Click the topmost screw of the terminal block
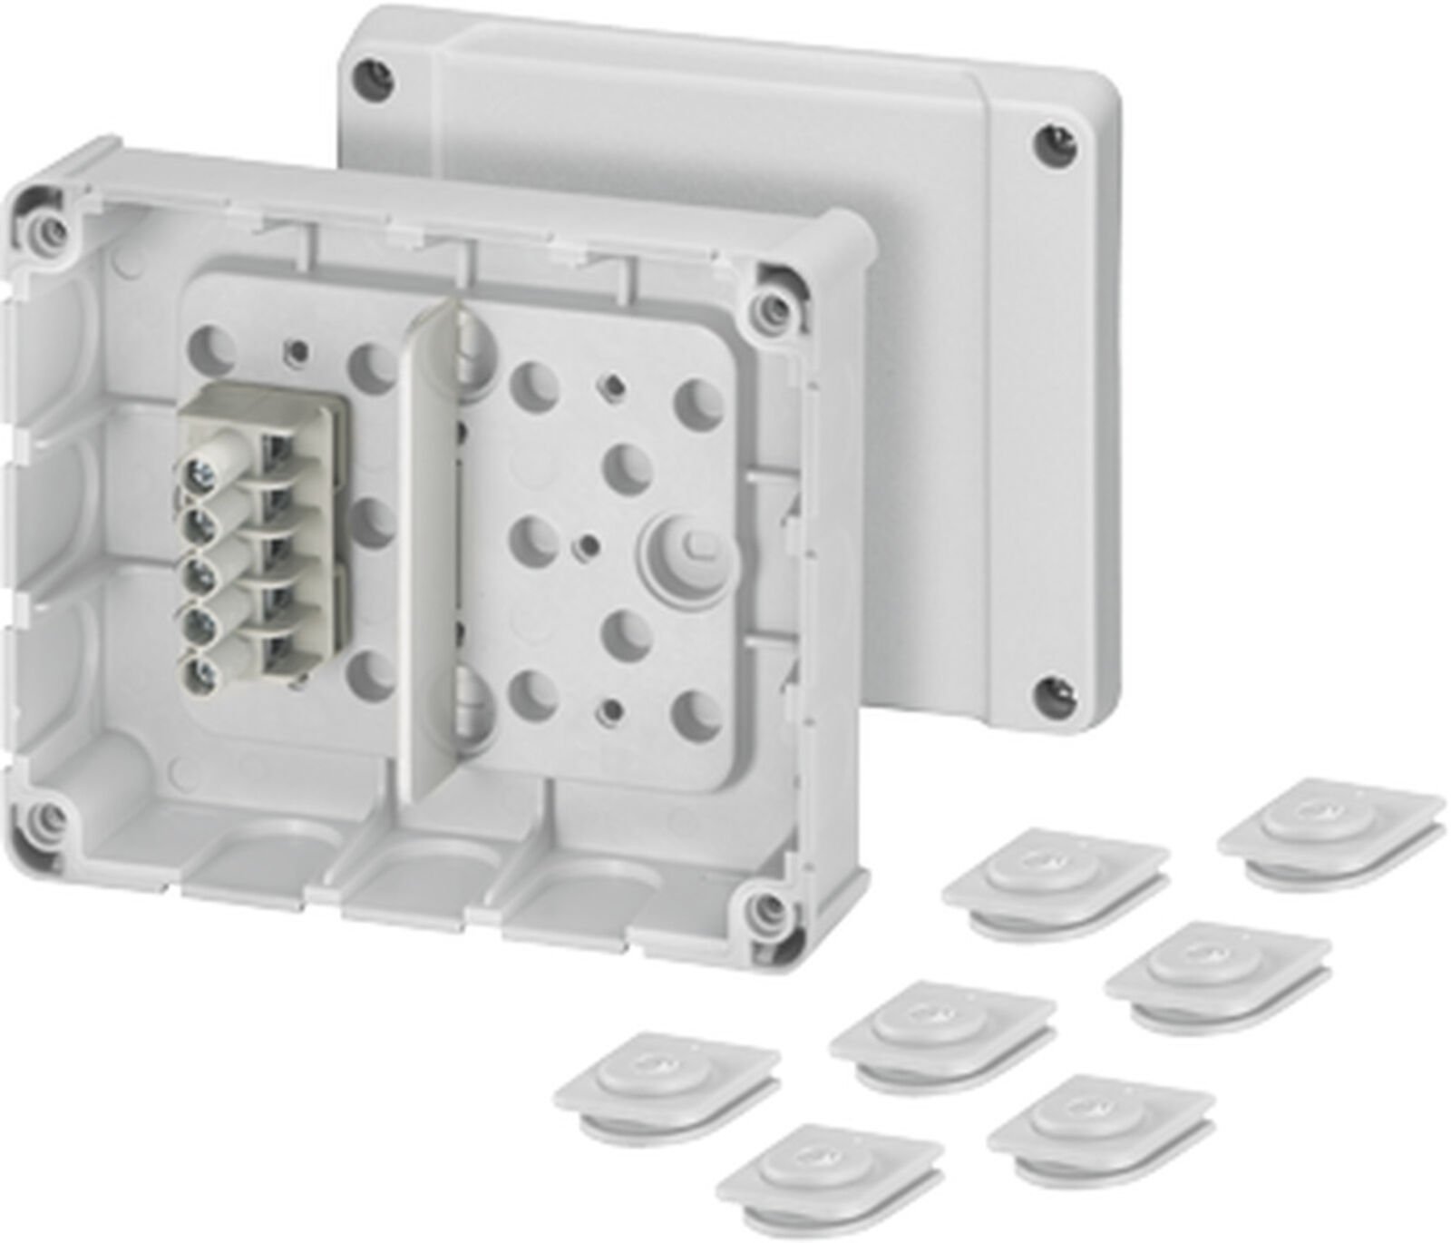(199, 472)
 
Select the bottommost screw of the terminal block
(199, 672)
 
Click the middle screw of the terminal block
(199, 573)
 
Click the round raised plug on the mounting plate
(689, 548)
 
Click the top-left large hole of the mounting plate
(211, 346)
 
